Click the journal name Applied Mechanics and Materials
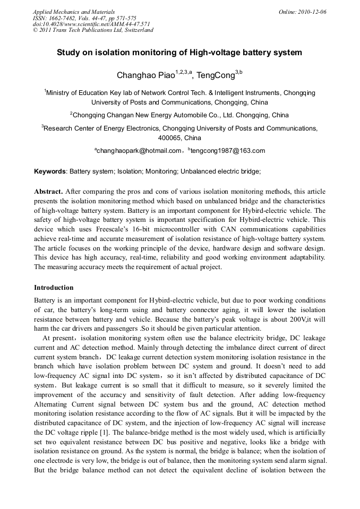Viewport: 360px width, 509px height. pyautogui.click(x=74, y=11)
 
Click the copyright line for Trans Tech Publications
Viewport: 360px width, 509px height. pyautogui.click(x=93, y=30)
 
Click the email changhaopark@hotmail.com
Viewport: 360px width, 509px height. pyautogui.click(x=139, y=151)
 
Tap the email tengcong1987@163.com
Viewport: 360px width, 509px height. pyautogui.click(x=227, y=151)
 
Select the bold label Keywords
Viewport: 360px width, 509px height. pyautogui.click(x=50, y=171)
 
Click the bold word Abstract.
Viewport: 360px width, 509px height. pyautogui.click(x=49, y=191)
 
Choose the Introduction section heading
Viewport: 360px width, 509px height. pyautogui.click(x=54, y=287)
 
